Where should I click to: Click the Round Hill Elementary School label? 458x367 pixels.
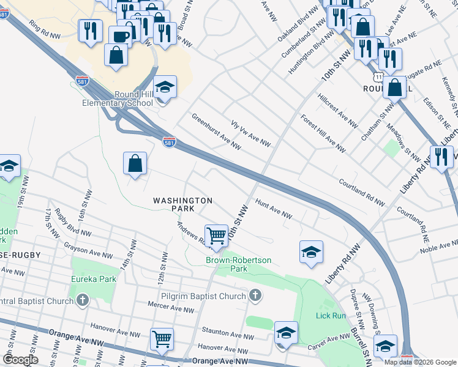point(117,98)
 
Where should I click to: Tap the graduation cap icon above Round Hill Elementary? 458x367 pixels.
point(165,87)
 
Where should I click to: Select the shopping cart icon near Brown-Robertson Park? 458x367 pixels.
point(216,235)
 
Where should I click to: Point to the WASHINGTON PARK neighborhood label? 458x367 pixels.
point(182,204)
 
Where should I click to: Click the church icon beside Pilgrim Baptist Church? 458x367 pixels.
point(255,296)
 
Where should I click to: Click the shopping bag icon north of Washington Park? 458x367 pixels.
point(135,163)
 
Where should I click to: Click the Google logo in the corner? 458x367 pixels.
point(20,360)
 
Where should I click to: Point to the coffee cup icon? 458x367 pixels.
point(121,35)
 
